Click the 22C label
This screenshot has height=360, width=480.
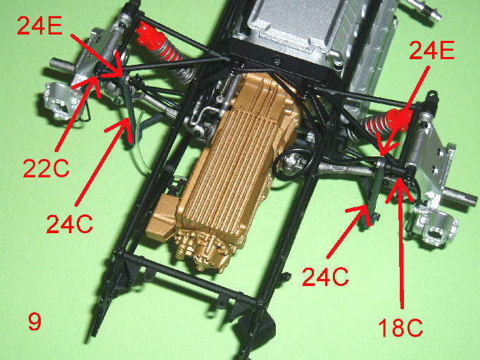46,169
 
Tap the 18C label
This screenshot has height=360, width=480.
400,328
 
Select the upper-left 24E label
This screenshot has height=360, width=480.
40,25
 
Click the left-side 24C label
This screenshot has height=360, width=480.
70,223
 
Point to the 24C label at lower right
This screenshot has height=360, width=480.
325,277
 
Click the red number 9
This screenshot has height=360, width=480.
34,321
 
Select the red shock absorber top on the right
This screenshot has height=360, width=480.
399,120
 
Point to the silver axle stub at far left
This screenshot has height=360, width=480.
62,64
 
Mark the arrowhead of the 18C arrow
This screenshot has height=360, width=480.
400,179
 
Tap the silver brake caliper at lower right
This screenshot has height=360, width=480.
434,225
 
